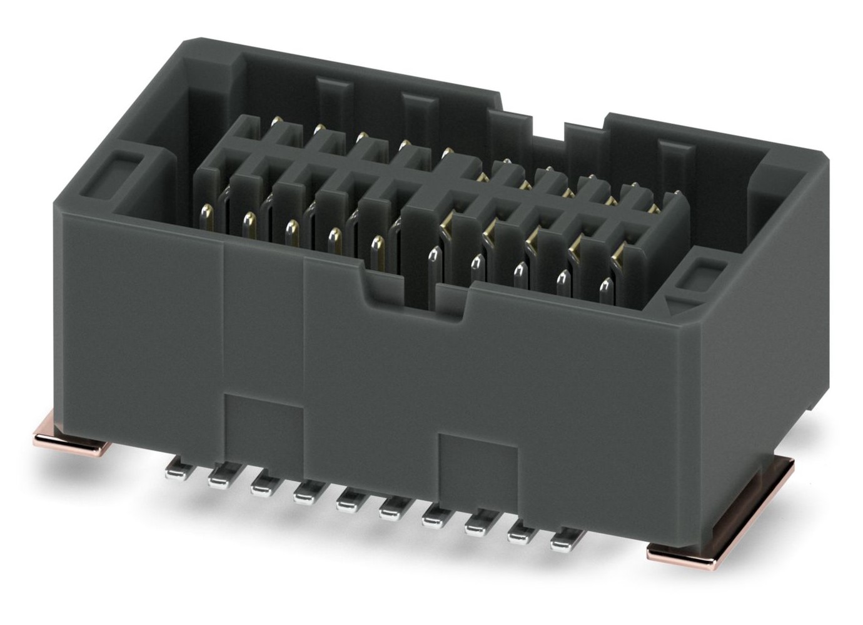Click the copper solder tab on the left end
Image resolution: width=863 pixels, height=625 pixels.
[x=69, y=438]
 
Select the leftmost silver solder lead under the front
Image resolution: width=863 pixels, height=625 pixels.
[x=176, y=470]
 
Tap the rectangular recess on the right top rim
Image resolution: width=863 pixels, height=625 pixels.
[x=702, y=274]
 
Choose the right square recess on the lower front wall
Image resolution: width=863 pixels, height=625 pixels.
[x=478, y=459]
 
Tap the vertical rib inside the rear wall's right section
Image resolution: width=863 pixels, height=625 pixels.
[x=672, y=162]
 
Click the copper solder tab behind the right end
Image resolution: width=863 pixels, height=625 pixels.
[x=775, y=472]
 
